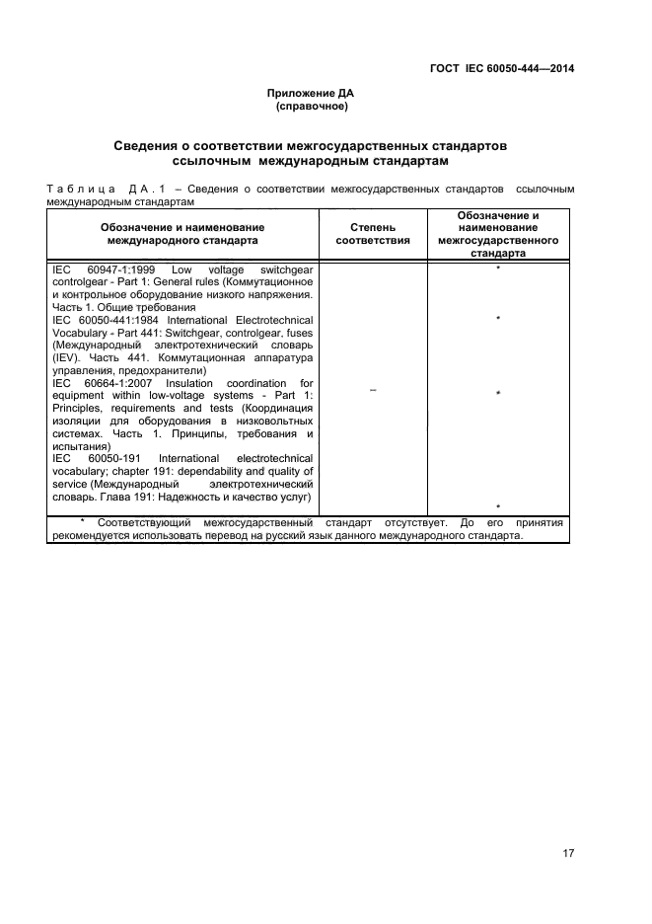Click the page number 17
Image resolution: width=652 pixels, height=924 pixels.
coord(568,826)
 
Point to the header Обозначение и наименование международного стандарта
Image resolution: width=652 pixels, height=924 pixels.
coord(182,233)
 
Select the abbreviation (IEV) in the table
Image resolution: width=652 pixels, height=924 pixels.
coord(68,358)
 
